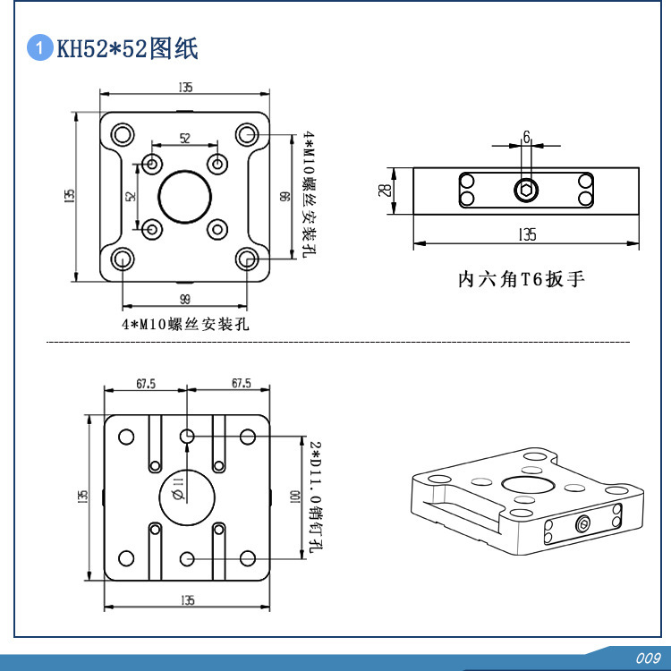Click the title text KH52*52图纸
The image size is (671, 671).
tap(127, 48)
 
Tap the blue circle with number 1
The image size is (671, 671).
tap(39, 48)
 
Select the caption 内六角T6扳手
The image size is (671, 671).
tap(521, 280)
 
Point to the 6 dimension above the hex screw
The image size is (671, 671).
tap(526, 137)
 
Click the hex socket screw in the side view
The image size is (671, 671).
tap(526, 190)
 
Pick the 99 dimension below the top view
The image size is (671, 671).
tap(185, 298)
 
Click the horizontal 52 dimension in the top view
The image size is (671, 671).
tap(185, 139)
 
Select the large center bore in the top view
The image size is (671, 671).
tap(185, 196)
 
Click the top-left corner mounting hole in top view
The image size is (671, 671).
tap(122, 135)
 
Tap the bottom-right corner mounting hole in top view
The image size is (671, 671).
tap(248, 259)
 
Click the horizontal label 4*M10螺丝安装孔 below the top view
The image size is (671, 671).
tap(185, 325)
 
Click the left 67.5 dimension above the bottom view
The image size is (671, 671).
tap(146, 383)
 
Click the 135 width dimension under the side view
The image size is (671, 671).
tap(526, 235)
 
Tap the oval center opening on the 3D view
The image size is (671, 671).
tap(526, 484)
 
